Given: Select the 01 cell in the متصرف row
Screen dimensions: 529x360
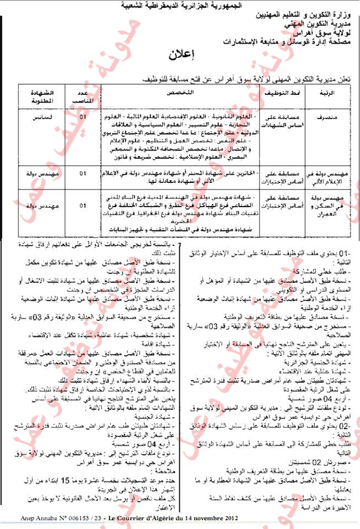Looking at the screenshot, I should tap(83, 118).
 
